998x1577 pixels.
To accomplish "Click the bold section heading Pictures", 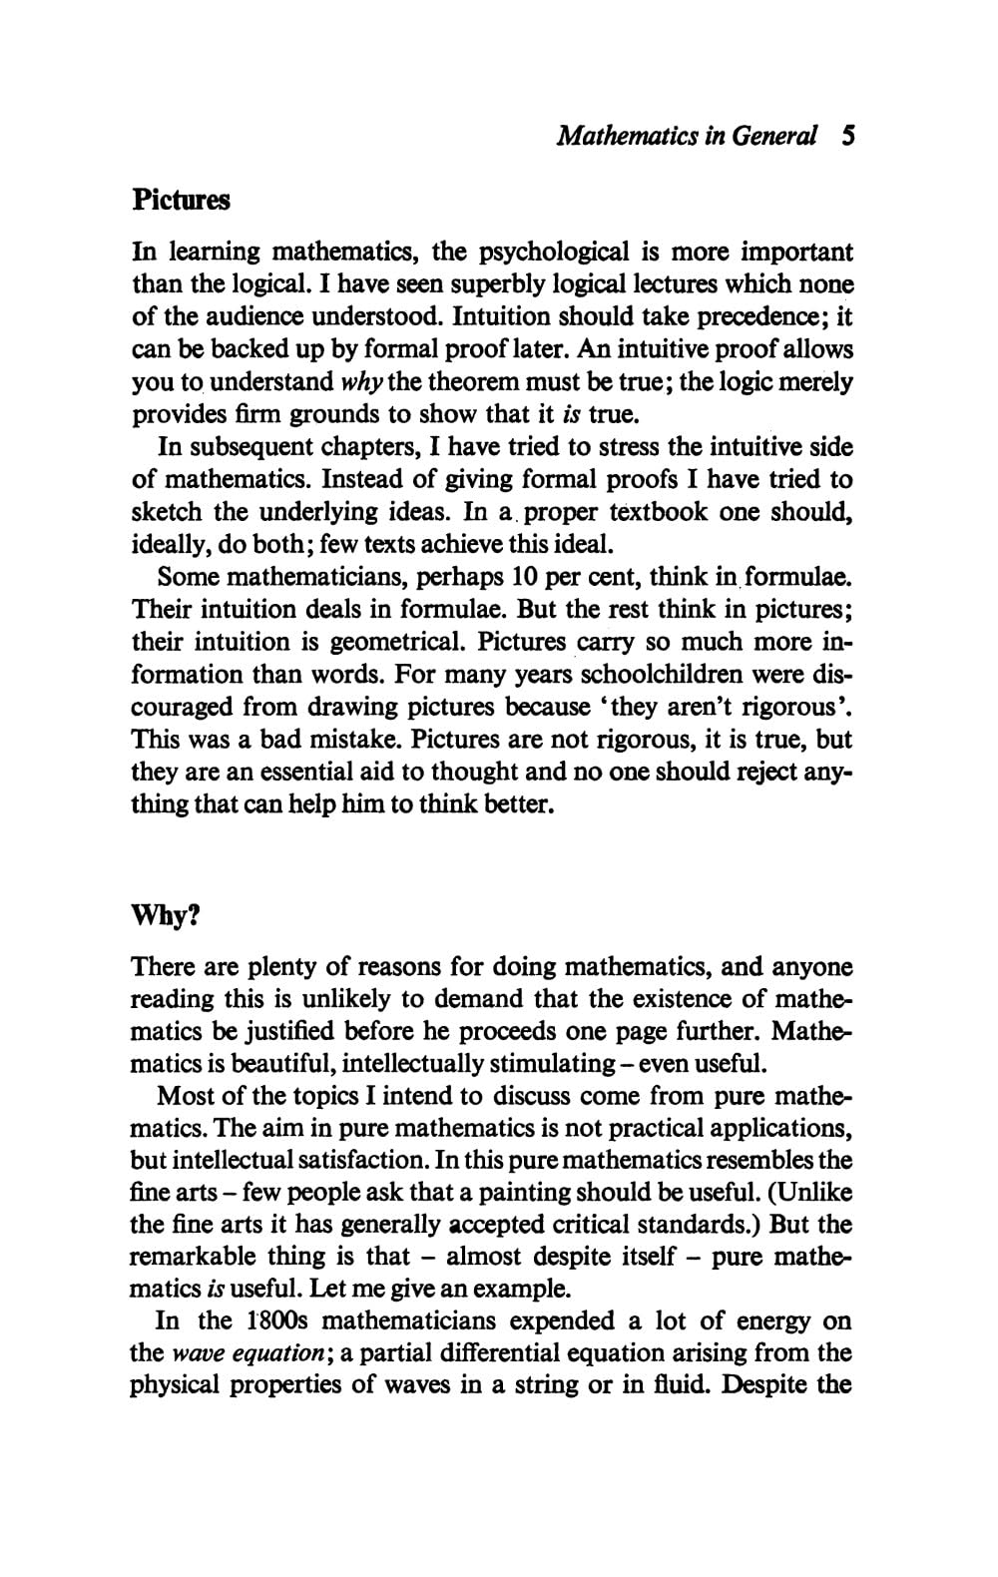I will click(181, 201).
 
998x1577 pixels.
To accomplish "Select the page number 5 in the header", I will click(848, 136).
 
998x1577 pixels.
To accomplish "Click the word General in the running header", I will click(774, 136).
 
